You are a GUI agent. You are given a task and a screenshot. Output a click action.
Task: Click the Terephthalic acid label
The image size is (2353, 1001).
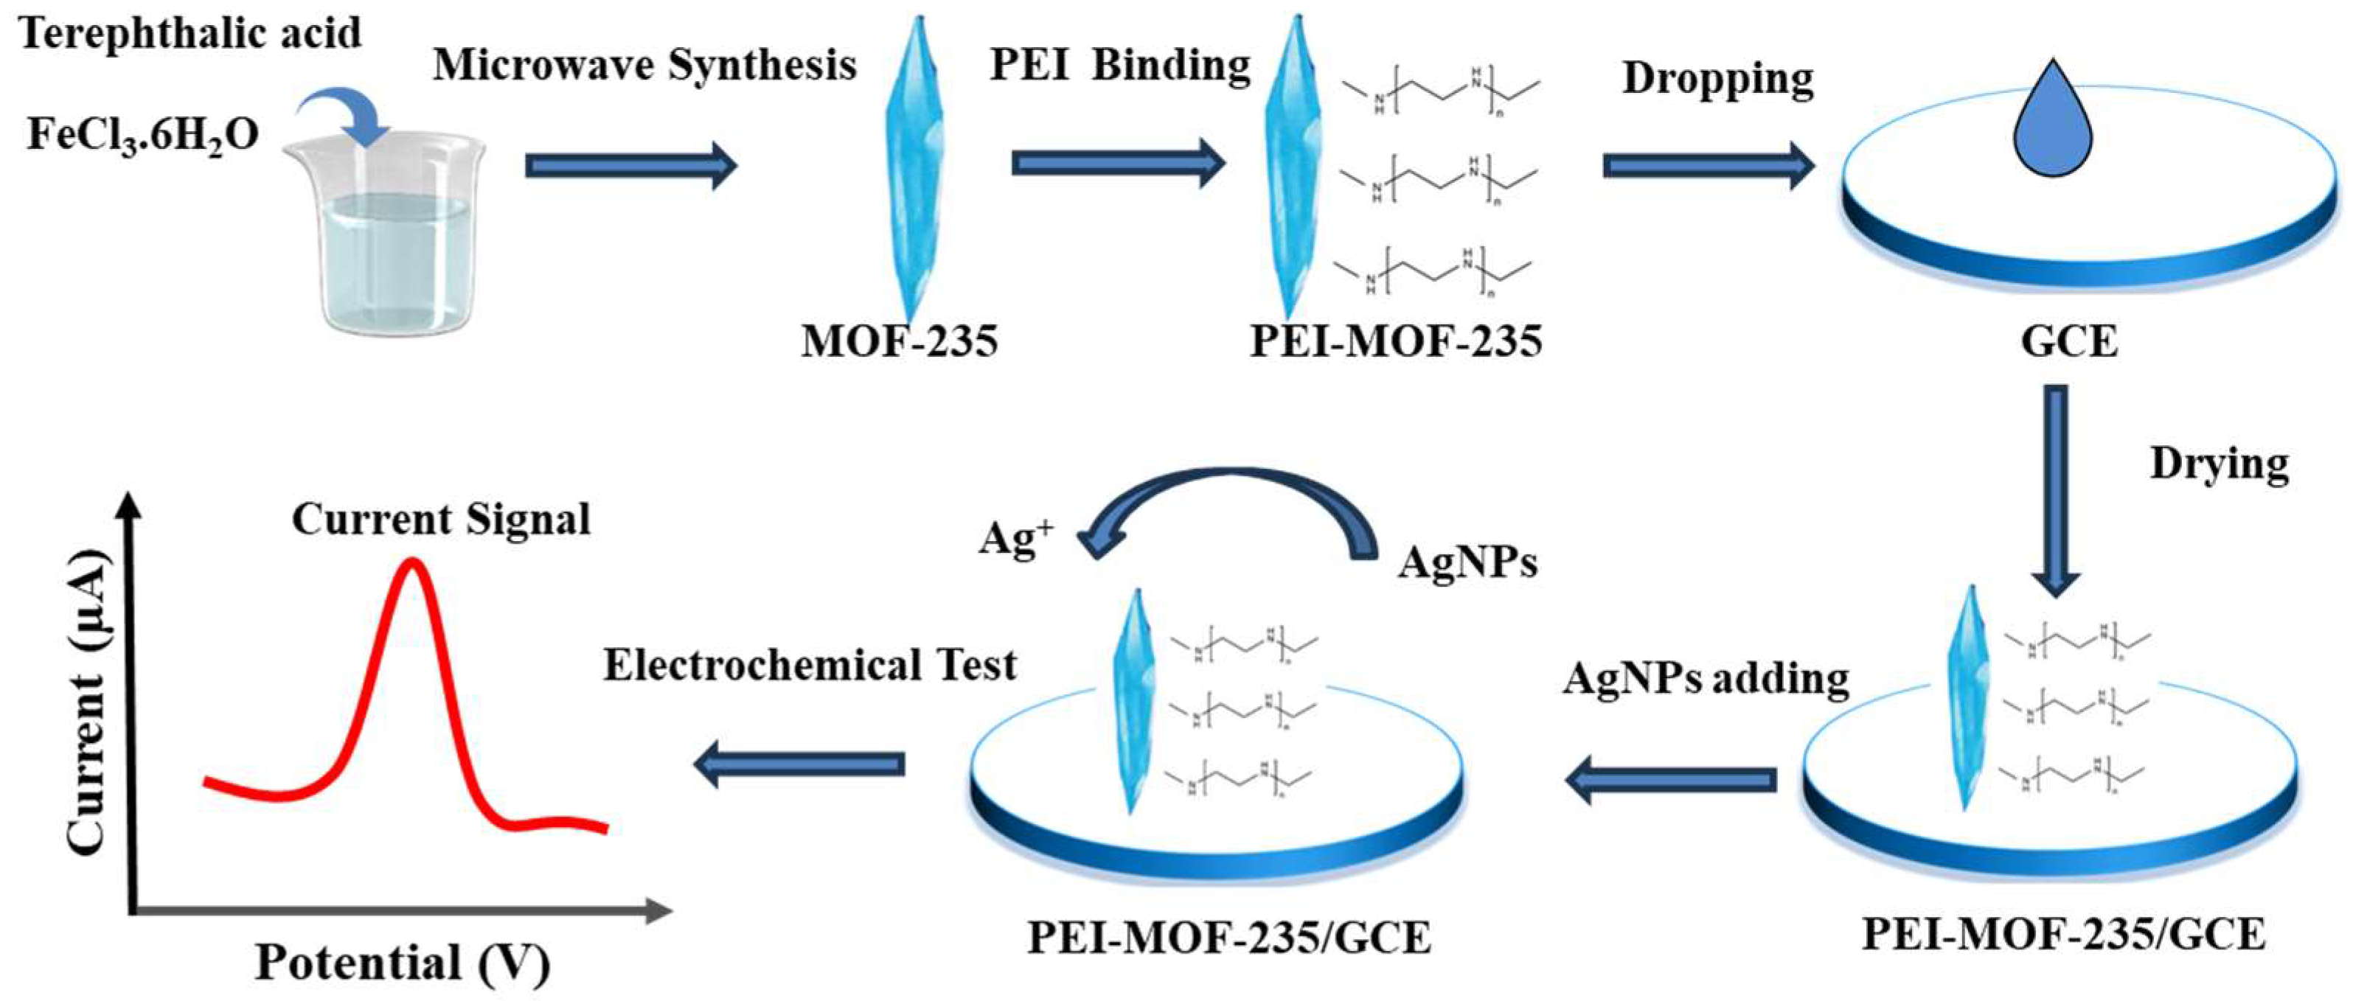coord(190,35)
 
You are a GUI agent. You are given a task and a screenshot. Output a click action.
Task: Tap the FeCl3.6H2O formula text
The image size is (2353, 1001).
coord(142,135)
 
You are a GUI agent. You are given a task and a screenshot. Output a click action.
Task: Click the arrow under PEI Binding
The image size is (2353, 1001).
coord(1117,164)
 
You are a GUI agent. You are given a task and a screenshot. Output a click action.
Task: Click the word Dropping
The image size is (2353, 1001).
coord(1717,79)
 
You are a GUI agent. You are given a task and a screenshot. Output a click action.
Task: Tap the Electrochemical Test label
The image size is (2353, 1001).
coord(810,666)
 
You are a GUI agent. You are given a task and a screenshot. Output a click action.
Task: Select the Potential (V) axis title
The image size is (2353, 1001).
coord(402,963)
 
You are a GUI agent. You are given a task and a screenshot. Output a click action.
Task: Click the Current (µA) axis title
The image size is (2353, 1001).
coord(88,702)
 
